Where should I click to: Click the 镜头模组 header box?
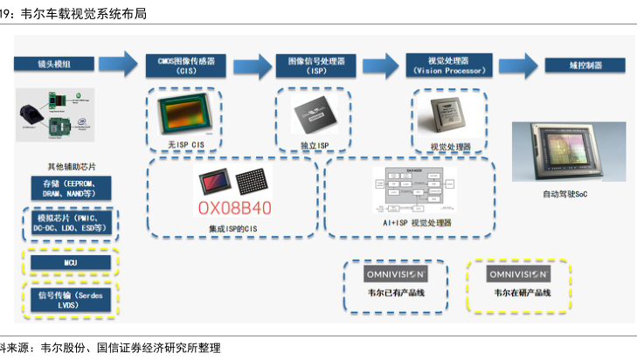click(x=55, y=64)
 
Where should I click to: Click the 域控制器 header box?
click(x=585, y=65)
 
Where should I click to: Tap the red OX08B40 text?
click(x=234, y=208)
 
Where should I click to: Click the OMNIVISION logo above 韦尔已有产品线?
click(x=395, y=273)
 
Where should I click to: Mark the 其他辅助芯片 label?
click(x=72, y=166)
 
